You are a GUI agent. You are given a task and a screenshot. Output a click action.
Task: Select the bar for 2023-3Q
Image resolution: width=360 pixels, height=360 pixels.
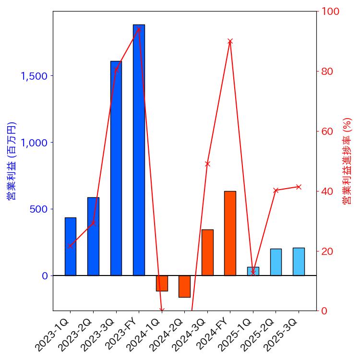pos(116,168)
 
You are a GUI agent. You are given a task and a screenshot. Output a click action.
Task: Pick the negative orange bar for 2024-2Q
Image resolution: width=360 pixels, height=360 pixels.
pos(184,286)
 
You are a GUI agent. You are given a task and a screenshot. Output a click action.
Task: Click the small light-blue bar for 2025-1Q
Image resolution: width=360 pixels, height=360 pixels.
pos(253,271)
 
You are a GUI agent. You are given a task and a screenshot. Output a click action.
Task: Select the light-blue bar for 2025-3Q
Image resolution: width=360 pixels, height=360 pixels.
pos(299,262)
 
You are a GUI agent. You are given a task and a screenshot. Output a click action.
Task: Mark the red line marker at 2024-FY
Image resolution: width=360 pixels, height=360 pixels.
pos(230,41)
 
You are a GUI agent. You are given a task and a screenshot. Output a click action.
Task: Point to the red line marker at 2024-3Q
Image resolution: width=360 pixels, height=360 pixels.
pos(207,164)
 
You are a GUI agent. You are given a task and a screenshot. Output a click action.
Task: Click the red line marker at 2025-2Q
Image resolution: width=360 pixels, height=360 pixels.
pos(276,191)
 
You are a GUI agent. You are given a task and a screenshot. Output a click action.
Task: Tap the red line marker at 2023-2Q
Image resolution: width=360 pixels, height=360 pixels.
pos(93,223)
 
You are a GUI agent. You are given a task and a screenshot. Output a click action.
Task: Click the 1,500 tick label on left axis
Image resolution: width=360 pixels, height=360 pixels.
pos(34,76)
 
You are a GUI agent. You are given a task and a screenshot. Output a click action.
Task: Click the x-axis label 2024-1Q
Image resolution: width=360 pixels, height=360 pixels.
pos(144,337)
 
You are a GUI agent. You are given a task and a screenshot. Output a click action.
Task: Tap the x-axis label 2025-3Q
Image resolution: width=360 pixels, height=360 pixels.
pos(282,337)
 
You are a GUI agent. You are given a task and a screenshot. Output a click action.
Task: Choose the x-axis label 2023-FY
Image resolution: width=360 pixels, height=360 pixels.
pos(122,337)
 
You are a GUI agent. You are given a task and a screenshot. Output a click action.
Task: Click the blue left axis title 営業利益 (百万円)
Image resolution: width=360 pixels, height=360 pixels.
pos(12,161)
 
